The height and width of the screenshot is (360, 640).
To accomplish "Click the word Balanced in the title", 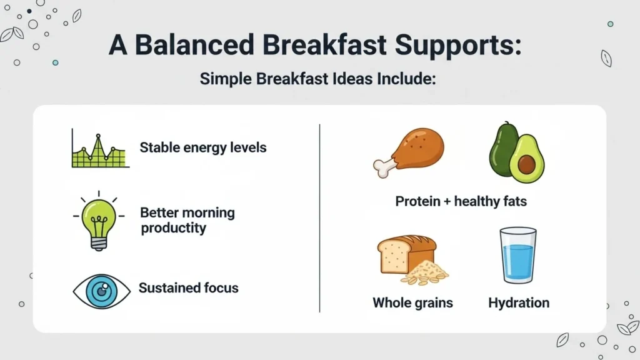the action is click(x=194, y=44).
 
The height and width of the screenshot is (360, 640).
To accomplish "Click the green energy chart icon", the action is click(x=101, y=148).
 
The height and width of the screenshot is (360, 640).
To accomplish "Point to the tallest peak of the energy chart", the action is click(x=98, y=136).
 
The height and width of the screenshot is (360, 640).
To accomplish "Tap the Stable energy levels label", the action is click(x=203, y=147).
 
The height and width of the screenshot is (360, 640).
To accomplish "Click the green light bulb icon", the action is click(x=99, y=221).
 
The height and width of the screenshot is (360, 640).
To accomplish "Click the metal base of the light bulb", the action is click(x=99, y=244).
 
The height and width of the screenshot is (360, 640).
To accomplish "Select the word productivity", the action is click(x=174, y=228).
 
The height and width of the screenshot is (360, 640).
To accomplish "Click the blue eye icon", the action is click(x=102, y=291).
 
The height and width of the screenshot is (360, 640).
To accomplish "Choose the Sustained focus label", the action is click(x=189, y=287).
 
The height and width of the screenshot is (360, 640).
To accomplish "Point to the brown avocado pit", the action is click(x=526, y=164).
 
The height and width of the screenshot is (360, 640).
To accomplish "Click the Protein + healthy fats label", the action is click(x=461, y=201).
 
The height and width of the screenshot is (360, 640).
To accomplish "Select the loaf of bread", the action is click(x=406, y=253).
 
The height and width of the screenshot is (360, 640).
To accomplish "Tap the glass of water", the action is click(x=518, y=255).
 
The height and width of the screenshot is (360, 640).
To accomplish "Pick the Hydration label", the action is click(x=519, y=303).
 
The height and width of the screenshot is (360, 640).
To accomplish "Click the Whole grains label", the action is click(x=412, y=303).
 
